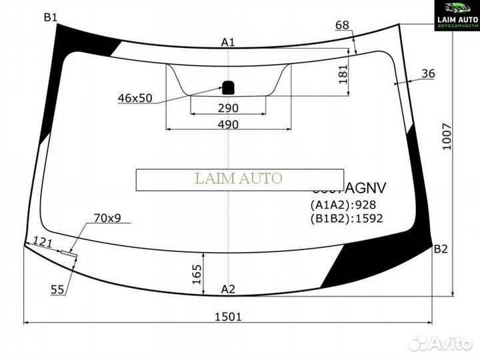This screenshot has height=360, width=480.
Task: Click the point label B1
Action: (51, 17)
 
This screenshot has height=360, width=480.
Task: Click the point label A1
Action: (228, 43)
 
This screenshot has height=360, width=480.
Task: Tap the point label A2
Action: (228, 289)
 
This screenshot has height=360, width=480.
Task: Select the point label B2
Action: (441, 249)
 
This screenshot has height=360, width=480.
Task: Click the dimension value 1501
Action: (228, 317)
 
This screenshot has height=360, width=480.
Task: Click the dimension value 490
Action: (228, 125)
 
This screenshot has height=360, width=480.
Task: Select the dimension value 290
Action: (228, 108)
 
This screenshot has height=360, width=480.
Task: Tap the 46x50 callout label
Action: (135, 98)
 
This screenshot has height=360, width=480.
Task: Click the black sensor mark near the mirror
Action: (228, 86)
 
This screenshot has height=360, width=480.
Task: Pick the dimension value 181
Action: (343, 73)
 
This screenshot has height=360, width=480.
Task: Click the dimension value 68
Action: (342, 25)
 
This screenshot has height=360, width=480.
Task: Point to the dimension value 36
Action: (428, 74)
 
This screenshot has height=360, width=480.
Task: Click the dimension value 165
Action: (197, 273)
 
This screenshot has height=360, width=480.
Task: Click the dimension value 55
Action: (58, 289)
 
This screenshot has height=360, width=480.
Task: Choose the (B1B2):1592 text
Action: (346, 218)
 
